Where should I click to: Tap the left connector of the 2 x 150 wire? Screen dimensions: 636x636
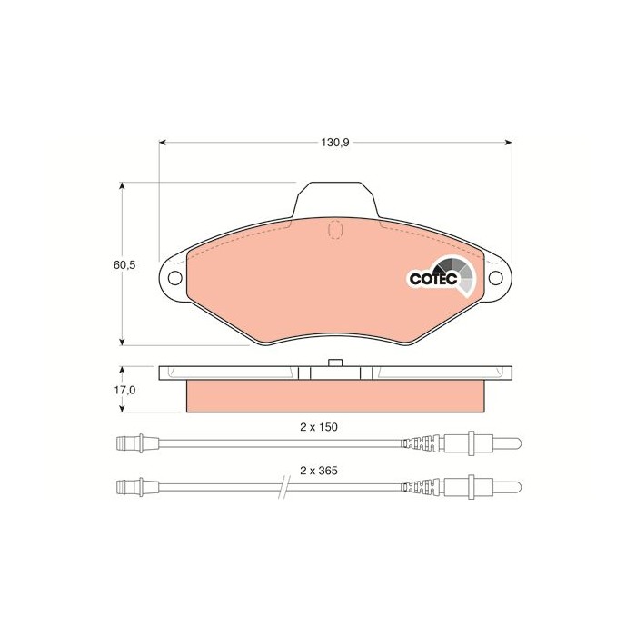[x=133, y=444]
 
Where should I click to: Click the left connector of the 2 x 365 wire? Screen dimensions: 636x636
[x=133, y=487]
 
